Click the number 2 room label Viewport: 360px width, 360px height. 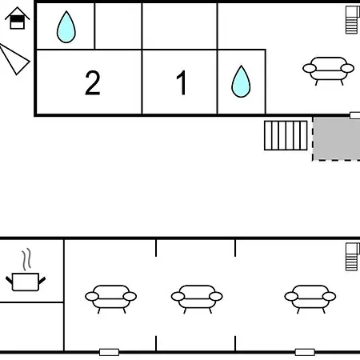(x=93, y=82)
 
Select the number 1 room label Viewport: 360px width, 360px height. (x=182, y=82)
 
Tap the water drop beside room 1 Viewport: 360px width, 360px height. (x=241, y=82)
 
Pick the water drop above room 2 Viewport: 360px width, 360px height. (x=66, y=26)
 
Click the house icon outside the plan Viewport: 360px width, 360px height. (x=18, y=18)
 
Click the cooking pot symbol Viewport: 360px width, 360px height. (x=26, y=282)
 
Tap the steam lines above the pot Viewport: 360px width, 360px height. (x=26, y=259)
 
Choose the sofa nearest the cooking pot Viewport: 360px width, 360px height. (x=111, y=299)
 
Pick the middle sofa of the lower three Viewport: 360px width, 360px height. (x=197, y=299)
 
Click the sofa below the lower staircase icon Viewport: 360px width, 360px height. (x=310, y=299)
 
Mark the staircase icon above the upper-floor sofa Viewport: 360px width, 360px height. (x=352, y=20)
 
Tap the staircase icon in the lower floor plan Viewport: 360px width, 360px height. (x=352, y=257)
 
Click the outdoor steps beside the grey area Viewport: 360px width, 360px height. (x=286, y=135)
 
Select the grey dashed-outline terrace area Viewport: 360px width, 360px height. (x=336, y=138)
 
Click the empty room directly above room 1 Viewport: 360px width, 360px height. (x=180, y=26)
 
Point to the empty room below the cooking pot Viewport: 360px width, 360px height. (x=31, y=326)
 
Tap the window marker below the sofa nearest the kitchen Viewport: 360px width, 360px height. (x=109, y=352)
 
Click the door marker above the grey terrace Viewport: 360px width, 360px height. (x=355, y=115)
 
